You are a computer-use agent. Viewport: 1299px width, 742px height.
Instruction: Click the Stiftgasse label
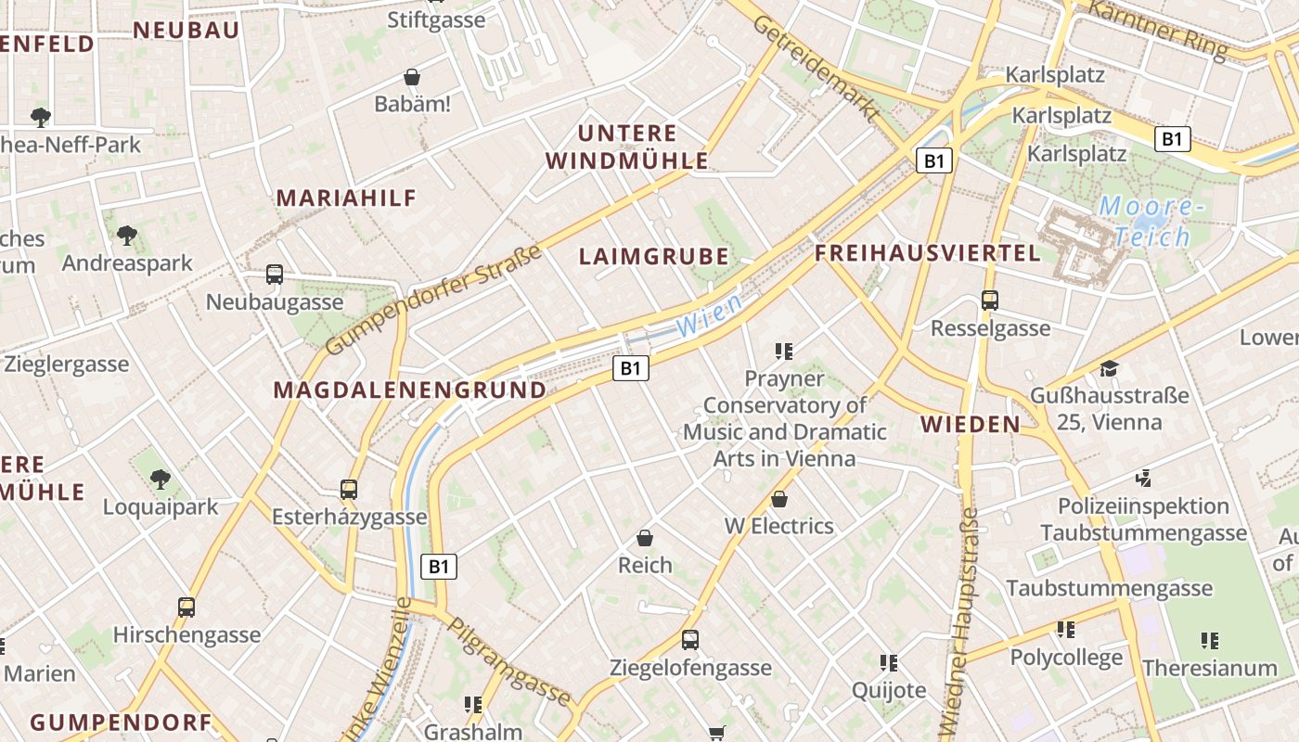click(x=436, y=19)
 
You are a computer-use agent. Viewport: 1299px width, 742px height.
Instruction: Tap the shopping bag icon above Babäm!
click(x=412, y=77)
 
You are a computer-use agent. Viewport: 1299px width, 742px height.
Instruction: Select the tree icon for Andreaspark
click(x=127, y=236)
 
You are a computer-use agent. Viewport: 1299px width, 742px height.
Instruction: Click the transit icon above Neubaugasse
click(x=275, y=275)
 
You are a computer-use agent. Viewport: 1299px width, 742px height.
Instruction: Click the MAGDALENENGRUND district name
click(x=410, y=390)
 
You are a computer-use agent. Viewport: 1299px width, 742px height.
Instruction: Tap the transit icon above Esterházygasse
click(x=349, y=489)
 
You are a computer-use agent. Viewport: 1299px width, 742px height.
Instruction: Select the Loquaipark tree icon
click(x=161, y=480)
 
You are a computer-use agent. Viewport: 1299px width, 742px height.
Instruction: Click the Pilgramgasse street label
click(x=509, y=660)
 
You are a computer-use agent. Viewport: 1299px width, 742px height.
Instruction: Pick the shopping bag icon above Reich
click(x=645, y=538)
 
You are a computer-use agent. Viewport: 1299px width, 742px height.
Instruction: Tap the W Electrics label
click(x=779, y=526)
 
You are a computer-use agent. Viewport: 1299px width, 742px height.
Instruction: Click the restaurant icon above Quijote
click(x=889, y=662)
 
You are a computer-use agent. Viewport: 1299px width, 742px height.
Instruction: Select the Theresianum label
click(x=1210, y=668)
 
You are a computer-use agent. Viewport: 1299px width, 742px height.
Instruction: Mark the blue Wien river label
click(x=709, y=315)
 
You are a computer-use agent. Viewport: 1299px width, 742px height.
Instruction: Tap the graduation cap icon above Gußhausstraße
click(x=1109, y=369)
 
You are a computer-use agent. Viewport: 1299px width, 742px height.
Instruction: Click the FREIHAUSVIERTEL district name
click(x=928, y=253)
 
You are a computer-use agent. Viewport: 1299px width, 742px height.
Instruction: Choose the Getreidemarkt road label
click(x=817, y=70)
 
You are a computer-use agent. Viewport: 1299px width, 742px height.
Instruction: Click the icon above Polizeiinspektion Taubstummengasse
click(x=1143, y=479)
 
